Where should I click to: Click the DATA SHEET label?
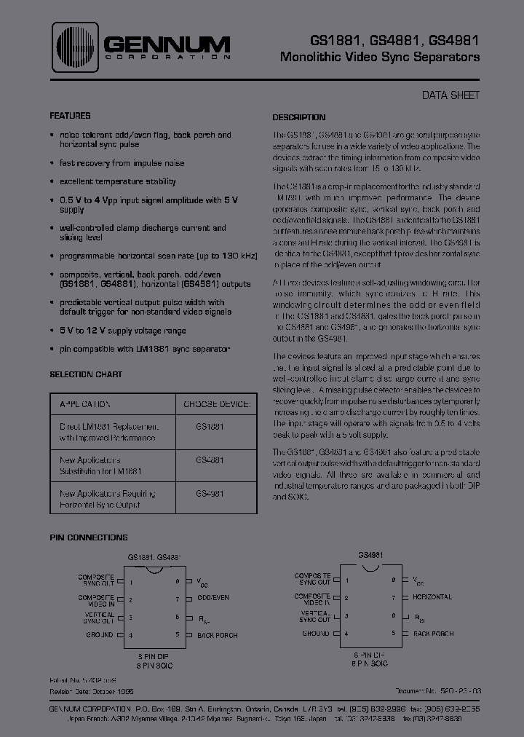(450, 95)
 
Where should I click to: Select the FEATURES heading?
(70, 116)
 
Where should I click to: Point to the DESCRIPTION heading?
(298, 117)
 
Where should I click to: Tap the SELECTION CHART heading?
(86, 374)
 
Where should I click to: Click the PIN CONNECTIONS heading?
(88, 537)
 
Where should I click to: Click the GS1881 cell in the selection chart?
(210, 426)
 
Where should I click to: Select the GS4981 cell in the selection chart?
(210, 493)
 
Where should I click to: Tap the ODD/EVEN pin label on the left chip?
(213, 598)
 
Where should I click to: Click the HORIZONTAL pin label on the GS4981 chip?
(432, 597)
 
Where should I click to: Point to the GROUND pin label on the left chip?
(100, 635)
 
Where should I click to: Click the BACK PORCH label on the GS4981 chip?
(433, 634)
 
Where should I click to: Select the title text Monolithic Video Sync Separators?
(379, 58)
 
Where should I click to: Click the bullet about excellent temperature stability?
(117, 181)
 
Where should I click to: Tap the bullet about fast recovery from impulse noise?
(122, 163)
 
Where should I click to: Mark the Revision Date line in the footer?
(92, 690)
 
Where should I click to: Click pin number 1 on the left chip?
(131, 583)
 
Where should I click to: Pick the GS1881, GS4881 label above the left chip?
(154, 557)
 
